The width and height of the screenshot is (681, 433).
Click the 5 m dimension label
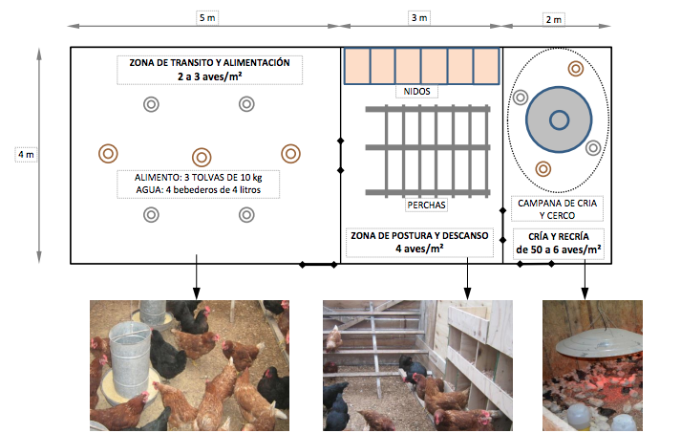pyautogui.click(x=205, y=18)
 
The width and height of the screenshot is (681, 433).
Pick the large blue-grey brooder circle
pyautogui.click(x=559, y=119)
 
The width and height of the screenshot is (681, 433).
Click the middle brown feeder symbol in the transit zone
pyautogui.click(x=201, y=157)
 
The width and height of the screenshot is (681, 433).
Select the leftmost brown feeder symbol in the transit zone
pyautogui.click(x=109, y=153)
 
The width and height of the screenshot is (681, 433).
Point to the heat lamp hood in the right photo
pyautogui.click(x=593, y=341)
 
